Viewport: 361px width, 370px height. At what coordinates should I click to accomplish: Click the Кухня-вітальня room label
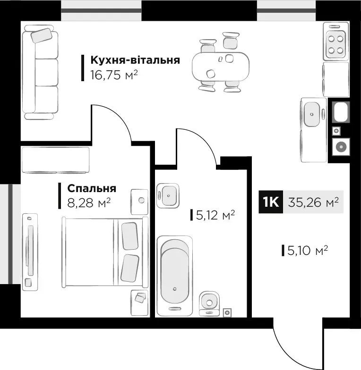[135, 60]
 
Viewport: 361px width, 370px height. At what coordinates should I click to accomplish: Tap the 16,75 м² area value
[114, 75]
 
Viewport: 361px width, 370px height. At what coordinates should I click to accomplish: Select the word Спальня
[92, 188]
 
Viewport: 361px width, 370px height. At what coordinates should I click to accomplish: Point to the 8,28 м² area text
[89, 202]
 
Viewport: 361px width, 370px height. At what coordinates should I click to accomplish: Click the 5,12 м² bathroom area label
[215, 215]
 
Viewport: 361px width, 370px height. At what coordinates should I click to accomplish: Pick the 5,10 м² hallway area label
[308, 250]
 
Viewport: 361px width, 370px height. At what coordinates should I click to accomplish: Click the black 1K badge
[271, 202]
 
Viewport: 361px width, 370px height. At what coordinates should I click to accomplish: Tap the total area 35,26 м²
[313, 202]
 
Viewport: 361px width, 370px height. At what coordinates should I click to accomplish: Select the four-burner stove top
[335, 44]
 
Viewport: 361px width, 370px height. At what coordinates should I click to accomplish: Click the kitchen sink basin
[312, 114]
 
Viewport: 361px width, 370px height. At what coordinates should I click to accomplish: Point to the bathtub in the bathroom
[175, 276]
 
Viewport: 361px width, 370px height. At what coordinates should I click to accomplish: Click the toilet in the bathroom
[209, 303]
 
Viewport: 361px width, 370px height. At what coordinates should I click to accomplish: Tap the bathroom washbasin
[168, 195]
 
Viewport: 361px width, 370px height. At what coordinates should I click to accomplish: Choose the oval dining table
[221, 67]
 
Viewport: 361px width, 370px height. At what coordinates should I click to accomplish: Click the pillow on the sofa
[42, 35]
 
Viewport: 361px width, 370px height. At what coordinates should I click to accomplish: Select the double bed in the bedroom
[105, 252]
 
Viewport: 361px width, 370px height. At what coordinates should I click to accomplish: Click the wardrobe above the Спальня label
[56, 160]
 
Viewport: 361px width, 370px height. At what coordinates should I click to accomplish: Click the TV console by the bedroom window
[30, 252]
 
